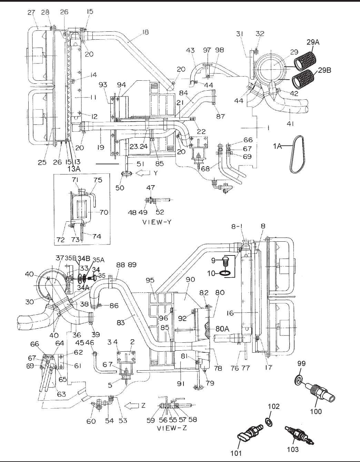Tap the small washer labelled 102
click(268, 421)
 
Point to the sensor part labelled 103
click(296, 434)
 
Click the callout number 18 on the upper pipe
click(145, 32)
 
